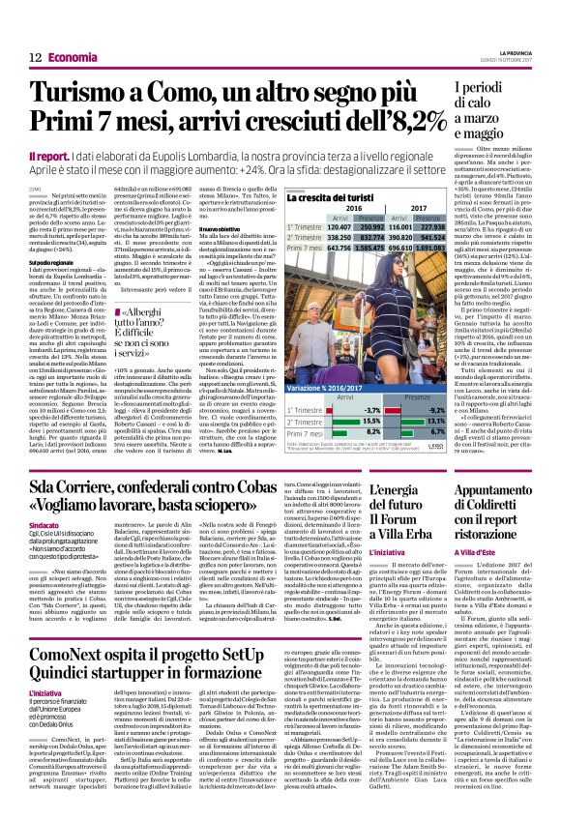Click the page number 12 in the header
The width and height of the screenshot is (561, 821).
coord(34,58)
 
